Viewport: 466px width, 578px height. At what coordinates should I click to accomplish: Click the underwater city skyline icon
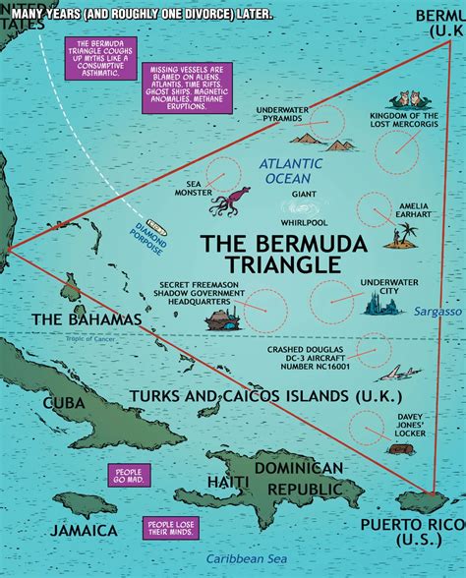click(382, 306)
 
